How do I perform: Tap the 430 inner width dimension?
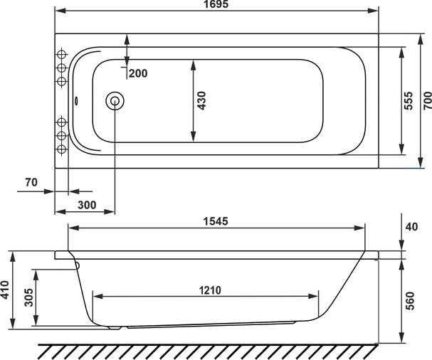pos(201,100)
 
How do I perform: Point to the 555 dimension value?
pos(409,101)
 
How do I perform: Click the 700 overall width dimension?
pos(426,101)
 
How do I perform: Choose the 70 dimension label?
pos(31,183)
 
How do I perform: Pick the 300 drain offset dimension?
pos(85,205)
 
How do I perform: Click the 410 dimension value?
pos(7,290)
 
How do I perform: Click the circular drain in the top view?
pos(114,101)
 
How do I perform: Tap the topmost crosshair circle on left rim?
pos(61,55)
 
